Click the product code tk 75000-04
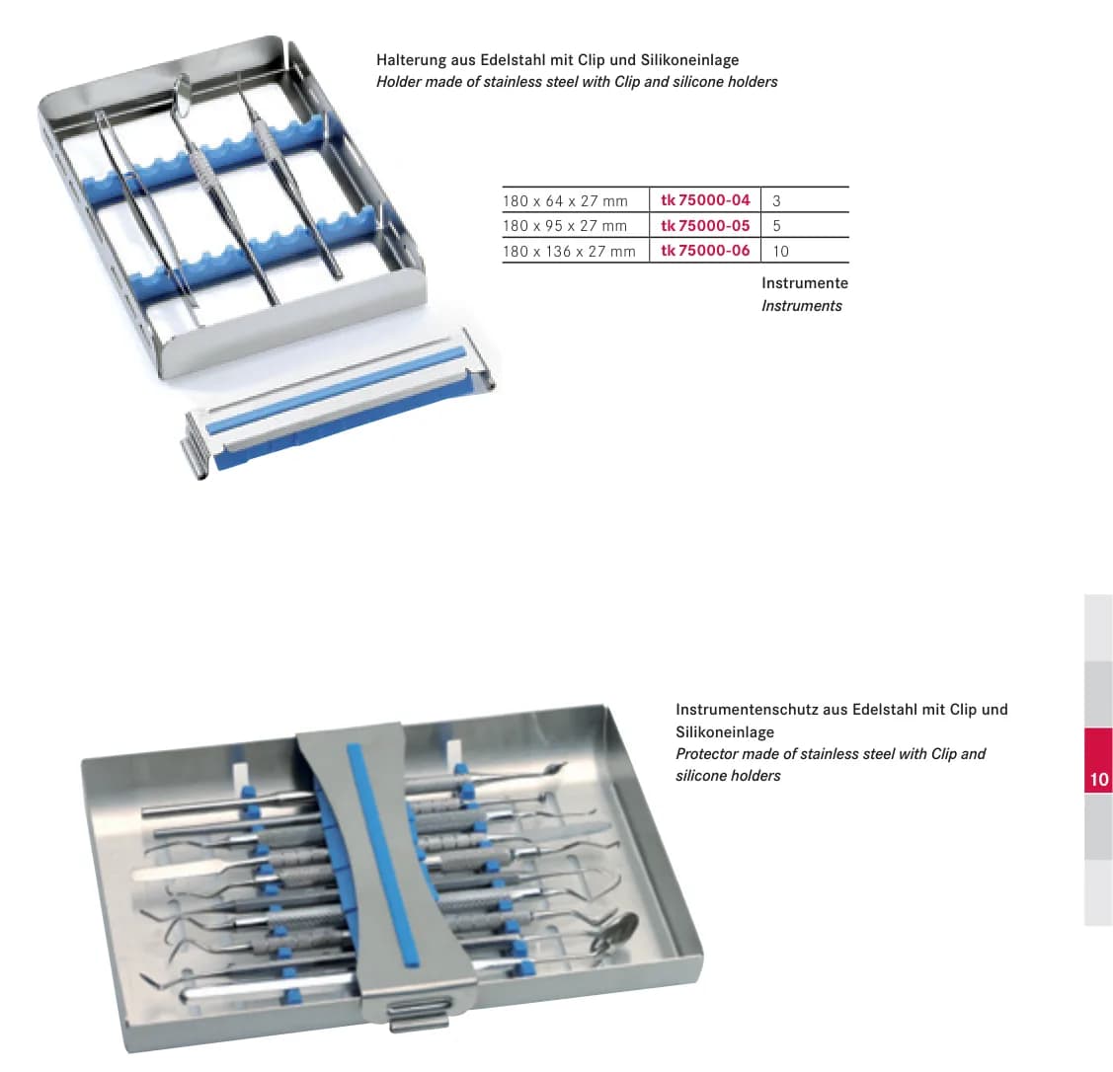tap(705, 200)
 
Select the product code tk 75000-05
tap(705, 226)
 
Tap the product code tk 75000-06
tap(705, 251)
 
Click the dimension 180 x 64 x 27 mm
tap(565, 201)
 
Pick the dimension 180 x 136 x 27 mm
tap(569, 251)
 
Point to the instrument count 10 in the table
tap(781, 251)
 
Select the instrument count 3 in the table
tap(776, 201)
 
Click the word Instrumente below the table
tap(805, 283)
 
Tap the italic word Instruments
tap(801, 306)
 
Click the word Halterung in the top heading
tap(411, 60)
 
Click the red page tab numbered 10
tap(1098, 760)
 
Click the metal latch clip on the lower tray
tap(418, 1013)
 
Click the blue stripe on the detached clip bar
tap(337, 390)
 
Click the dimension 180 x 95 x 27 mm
tap(565, 226)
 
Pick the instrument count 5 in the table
tap(776, 226)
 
